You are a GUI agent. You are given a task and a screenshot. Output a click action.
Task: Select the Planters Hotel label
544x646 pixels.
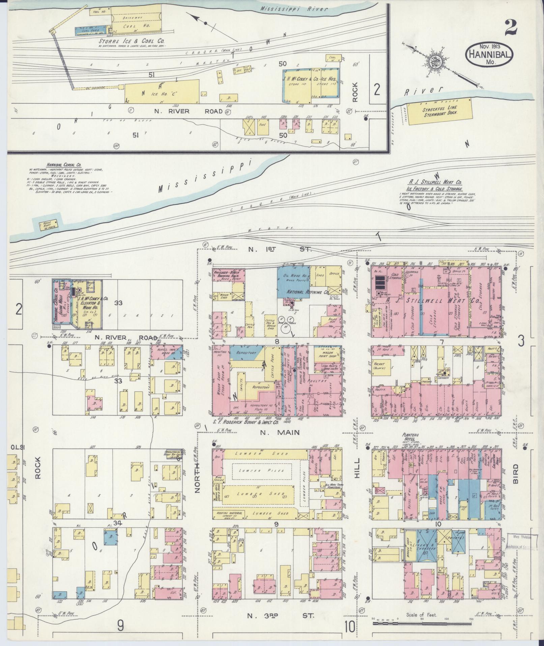click(x=410, y=436)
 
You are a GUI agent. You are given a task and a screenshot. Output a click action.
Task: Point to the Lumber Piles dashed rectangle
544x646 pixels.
click(x=261, y=470)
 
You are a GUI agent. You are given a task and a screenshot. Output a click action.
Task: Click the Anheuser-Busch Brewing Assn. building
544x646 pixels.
click(x=228, y=275)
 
